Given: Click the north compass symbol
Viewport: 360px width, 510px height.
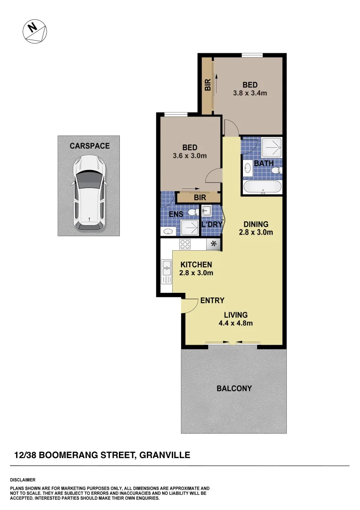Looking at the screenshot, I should [35, 31].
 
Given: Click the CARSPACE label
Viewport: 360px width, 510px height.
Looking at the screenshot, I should [89, 146].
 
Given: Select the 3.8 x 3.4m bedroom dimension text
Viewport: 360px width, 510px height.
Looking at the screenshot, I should [250, 93].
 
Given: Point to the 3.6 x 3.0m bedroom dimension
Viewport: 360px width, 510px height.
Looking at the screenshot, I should [190, 155].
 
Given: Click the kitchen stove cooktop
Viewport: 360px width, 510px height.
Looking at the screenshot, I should [185, 245].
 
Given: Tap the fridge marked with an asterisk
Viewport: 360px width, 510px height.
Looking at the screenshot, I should [214, 244].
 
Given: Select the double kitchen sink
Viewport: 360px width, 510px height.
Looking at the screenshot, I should [166, 272].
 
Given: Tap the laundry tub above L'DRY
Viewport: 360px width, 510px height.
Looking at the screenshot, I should [207, 211].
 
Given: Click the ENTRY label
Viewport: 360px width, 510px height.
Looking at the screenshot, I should [212, 300].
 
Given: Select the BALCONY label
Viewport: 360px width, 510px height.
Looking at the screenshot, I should [234, 389].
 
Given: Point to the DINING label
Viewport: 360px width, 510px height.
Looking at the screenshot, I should [256, 224].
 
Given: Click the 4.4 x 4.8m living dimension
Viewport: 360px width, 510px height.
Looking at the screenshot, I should [236, 323].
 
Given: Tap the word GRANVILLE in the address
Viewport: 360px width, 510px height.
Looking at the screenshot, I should [165, 455].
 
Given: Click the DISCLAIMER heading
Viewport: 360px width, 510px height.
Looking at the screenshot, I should [23, 480].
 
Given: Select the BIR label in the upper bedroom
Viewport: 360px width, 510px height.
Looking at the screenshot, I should [207, 85].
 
